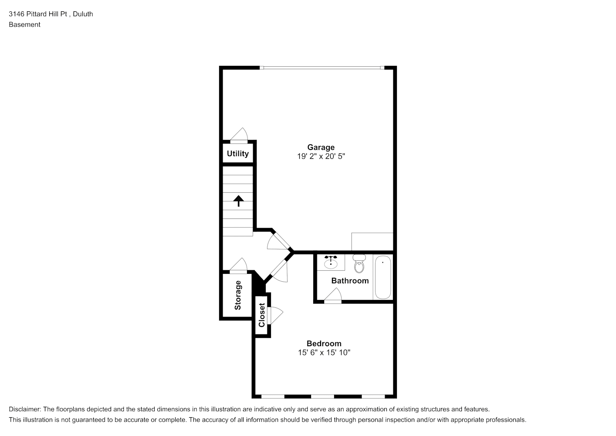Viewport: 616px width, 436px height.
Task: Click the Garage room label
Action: [x=321, y=147]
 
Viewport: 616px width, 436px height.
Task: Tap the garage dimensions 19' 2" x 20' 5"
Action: [x=321, y=157]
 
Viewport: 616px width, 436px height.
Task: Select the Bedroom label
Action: [x=324, y=344]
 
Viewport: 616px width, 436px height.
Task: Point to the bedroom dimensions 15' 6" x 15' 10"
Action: [x=324, y=353]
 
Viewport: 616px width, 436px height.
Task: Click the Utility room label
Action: [x=237, y=153]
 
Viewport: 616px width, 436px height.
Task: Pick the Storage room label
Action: [x=237, y=295]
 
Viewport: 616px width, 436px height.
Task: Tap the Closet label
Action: [x=261, y=315]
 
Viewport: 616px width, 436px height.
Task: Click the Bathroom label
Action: [x=350, y=281]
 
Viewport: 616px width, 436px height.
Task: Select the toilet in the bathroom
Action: [x=359, y=263]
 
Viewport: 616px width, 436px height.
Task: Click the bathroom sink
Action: [x=331, y=262]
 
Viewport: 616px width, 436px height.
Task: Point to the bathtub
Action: [x=383, y=277]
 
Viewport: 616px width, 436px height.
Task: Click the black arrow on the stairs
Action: [x=238, y=201]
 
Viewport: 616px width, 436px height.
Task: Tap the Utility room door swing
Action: [x=239, y=135]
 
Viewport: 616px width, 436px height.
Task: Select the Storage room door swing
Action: [x=238, y=265]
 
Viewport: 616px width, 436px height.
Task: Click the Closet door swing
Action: [x=276, y=315]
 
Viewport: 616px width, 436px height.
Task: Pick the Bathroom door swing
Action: [x=333, y=295]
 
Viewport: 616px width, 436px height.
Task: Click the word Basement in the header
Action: [x=24, y=25]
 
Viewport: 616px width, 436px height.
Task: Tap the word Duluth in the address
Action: [x=83, y=14]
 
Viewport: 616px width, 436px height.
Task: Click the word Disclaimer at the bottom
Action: [x=25, y=409]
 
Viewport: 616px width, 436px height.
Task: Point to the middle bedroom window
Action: [x=322, y=397]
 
